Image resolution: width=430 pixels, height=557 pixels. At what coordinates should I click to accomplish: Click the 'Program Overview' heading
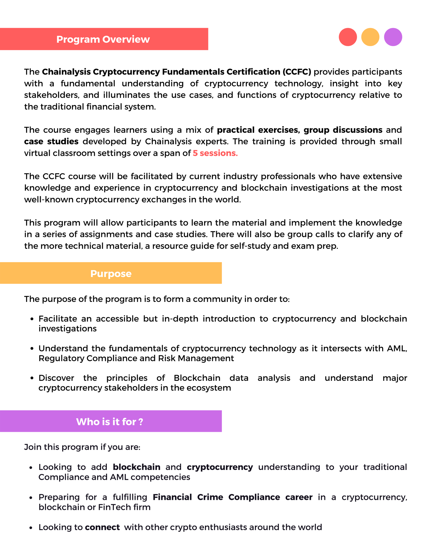tap(103, 39)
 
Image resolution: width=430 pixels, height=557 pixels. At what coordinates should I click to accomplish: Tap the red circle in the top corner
tap(348, 37)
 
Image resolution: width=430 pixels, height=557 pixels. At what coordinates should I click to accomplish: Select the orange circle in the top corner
tap(370, 37)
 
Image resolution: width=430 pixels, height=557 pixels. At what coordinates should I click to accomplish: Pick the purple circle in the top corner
tap(393, 37)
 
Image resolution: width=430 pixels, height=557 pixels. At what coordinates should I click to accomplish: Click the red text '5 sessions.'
tap(215, 153)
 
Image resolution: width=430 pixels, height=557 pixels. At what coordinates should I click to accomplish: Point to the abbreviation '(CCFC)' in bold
tap(297, 72)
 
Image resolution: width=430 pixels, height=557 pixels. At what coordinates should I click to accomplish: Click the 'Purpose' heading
tap(111, 273)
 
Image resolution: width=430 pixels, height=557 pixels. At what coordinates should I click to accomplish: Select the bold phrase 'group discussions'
tap(343, 130)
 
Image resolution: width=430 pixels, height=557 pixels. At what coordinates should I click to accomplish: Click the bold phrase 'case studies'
tap(51, 141)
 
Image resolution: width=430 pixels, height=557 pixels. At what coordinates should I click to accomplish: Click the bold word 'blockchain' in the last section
tap(136, 467)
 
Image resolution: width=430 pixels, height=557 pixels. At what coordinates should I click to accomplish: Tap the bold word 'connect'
tap(102, 527)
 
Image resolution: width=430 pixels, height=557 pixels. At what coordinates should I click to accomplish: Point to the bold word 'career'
tap(299, 497)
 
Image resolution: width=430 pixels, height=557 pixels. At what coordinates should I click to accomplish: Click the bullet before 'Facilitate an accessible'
tap(32, 319)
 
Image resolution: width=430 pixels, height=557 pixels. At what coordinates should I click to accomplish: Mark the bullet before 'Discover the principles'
tap(32, 378)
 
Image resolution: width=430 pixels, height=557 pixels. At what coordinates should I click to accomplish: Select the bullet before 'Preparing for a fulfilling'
tap(32, 497)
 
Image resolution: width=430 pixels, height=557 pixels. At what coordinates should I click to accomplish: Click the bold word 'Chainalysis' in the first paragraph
tap(66, 72)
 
